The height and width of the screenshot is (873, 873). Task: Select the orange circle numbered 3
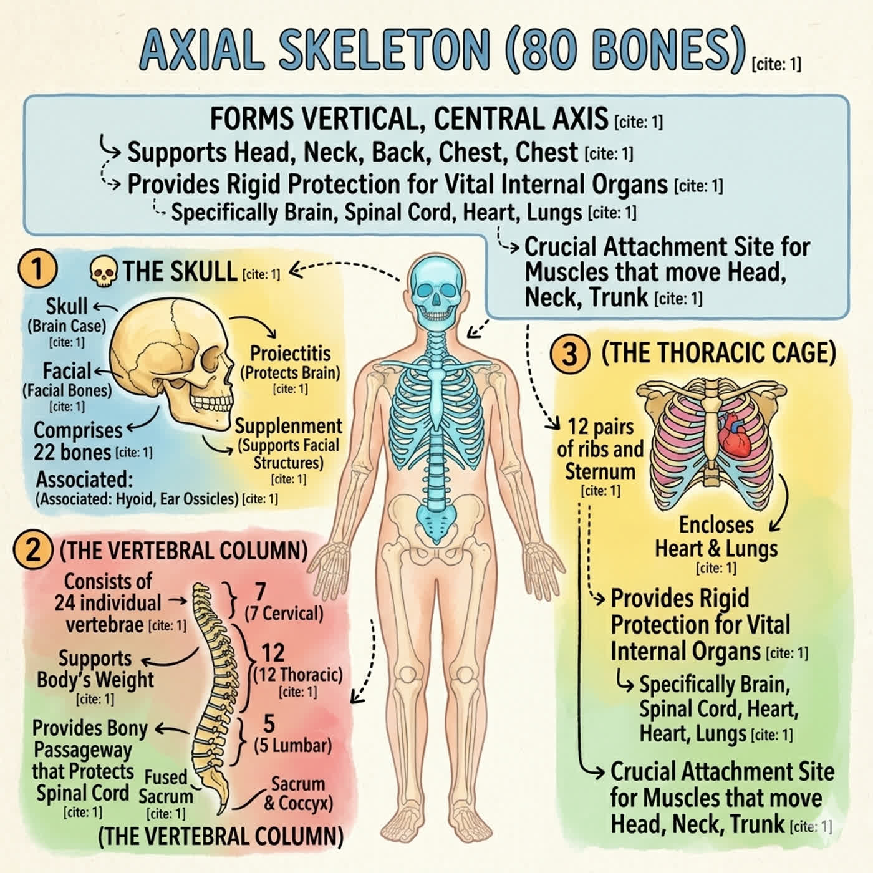click(569, 354)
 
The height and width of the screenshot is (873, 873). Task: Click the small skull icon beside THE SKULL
click(104, 272)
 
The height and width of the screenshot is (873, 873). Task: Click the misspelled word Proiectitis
click(291, 354)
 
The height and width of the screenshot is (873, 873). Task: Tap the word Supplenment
click(289, 427)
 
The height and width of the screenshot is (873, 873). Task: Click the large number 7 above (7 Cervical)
click(260, 591)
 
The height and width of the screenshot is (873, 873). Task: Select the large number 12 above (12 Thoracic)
click(273, 653)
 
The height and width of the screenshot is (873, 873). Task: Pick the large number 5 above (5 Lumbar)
click(269, 723)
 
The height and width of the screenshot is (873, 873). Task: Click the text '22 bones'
click(72, 452)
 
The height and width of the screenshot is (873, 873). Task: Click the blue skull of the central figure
click(435, 294)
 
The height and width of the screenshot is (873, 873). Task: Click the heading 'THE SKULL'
click(180, 272)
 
